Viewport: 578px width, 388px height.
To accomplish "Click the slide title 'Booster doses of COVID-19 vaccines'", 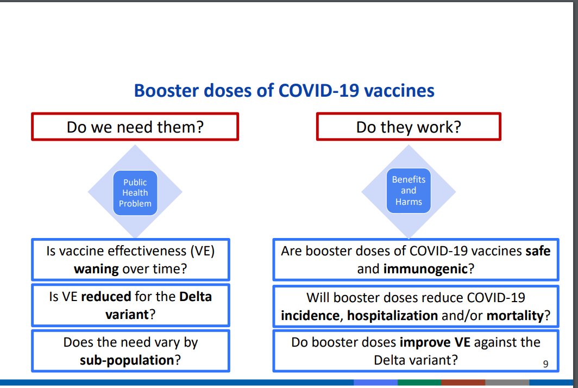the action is click(x=284, y=90).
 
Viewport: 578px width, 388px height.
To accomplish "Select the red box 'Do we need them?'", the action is click(x=135, y=127).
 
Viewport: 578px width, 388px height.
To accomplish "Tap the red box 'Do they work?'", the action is click(x=409, y=127).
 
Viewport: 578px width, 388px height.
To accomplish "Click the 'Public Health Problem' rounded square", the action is click(x=135, y=193).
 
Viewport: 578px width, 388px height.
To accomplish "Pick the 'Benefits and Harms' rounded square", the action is click(x=409, y=190).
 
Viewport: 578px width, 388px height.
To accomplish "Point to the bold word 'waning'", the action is click(x=97, y=269).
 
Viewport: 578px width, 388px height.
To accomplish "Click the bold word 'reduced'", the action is click(x=106, y=297).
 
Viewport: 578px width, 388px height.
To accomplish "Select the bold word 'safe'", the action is click(x=538, y=252).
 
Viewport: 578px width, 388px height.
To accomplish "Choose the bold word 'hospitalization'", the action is click(x=392, y=315).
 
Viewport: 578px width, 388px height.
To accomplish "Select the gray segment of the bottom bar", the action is click(x=507, y=383).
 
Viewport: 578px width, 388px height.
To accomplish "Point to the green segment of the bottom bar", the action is click(x=419, y=383).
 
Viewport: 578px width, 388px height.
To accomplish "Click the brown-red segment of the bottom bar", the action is click(x=463, y=383).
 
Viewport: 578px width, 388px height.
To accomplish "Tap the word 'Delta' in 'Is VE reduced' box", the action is click(x=195, y=297).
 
